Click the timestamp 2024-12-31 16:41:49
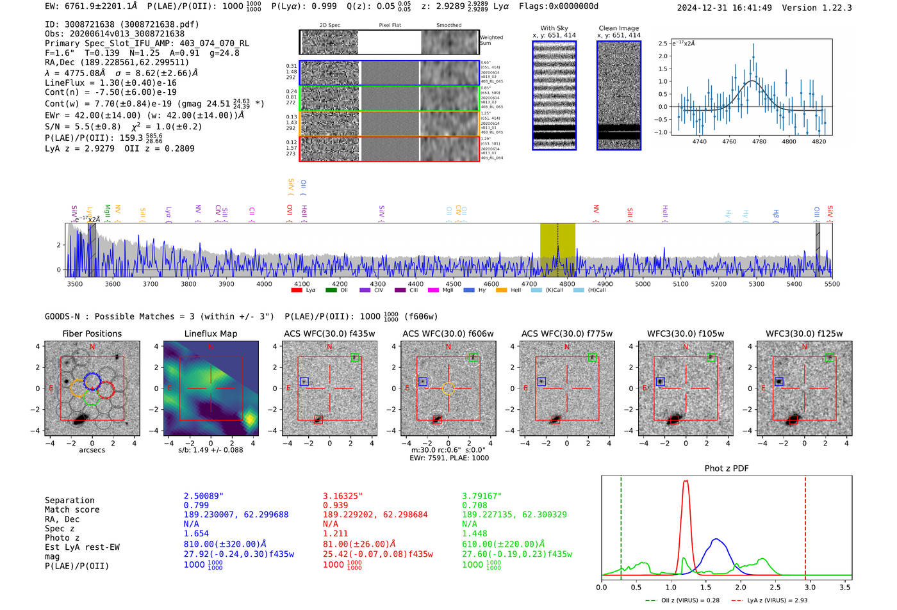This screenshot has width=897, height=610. (724, 8)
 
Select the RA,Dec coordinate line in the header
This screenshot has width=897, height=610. (117, 62)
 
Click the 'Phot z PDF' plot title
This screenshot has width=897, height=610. (726, 468)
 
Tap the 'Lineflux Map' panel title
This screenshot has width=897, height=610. (210, 333)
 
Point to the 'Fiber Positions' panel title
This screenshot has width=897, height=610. (92, 333)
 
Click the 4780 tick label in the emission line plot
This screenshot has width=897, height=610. (759, 141)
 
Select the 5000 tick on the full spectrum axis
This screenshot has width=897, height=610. (643, 284)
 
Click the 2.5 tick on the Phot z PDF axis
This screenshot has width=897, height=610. (775, 586)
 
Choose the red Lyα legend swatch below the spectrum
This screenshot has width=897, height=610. (297, 290)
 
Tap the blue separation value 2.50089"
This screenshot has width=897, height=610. (204, 496)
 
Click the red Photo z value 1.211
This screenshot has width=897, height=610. (335, 533)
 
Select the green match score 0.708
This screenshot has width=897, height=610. (474, 505)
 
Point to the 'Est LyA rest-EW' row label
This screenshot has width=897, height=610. (82, 547)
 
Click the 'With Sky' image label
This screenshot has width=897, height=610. (554, 28)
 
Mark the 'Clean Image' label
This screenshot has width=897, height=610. (618, 28)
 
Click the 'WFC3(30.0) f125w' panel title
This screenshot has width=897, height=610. (803, 333)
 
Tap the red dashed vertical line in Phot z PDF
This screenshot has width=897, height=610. (805, 525)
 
